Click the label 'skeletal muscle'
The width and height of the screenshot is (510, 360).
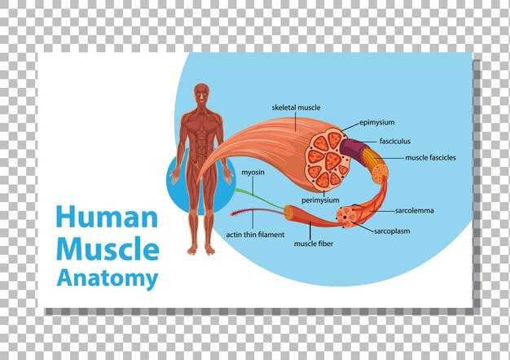(296, 108)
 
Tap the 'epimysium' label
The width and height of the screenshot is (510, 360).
(377, 123)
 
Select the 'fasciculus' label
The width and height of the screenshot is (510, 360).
(395, 141)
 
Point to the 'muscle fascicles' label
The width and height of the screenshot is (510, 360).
(430, 158)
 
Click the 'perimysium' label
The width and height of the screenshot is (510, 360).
(320, 200)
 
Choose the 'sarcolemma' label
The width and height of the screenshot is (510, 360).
(415, 211)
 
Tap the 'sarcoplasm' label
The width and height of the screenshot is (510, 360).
(392, 231)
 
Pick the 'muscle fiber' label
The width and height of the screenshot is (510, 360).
(314, 244)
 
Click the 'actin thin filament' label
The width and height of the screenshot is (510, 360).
(255, 235)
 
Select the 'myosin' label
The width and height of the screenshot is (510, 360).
(253, 173)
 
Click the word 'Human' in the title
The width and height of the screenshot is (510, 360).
(107, 217)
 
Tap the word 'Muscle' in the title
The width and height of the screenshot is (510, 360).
(108, 248)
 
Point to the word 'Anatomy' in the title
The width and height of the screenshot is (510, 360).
(108, 279)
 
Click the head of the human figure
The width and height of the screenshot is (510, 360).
(202, 94)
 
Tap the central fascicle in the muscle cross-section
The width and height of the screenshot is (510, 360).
(332, 161)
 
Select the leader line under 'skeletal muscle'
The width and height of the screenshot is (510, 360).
(296, 122)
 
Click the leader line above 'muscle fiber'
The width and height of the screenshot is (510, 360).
(310, 230)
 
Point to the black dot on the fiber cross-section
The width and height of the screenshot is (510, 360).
(344, 217)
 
